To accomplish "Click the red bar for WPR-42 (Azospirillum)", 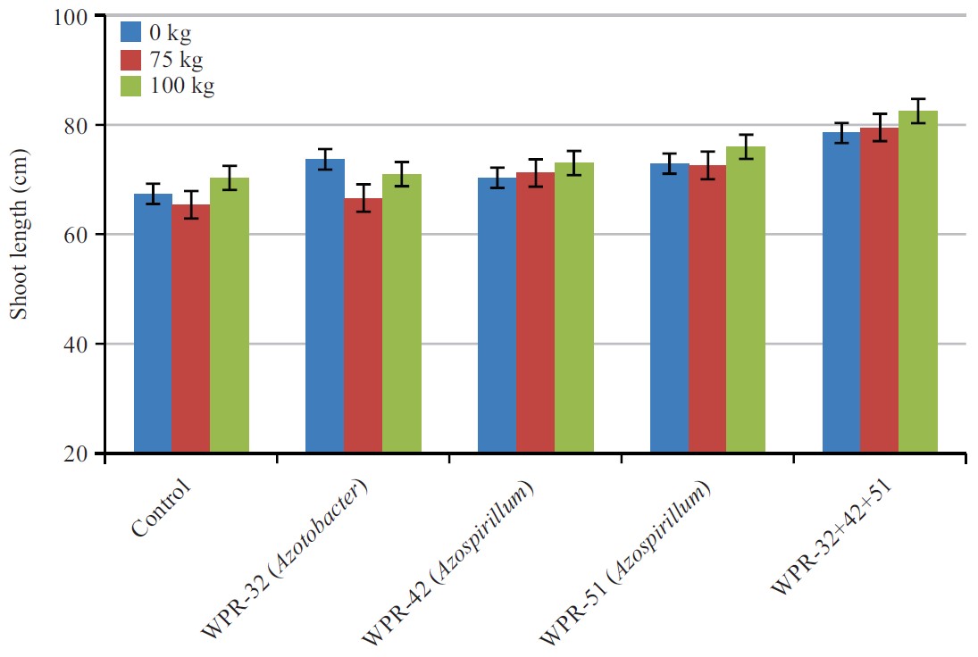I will [x=535, y=312].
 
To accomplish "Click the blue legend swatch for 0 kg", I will [x=131, y=33].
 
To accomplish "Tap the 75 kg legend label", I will [x=176, y=60].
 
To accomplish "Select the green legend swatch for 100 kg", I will [x=131, y=86].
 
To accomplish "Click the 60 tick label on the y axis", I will [x=73, y=235].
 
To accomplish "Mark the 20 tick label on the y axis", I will [x=73, y=453].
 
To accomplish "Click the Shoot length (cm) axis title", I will [x=19, y=234].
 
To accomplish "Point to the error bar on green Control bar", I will [x=229, y=177].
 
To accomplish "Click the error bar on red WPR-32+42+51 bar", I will [x=879, y=127].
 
